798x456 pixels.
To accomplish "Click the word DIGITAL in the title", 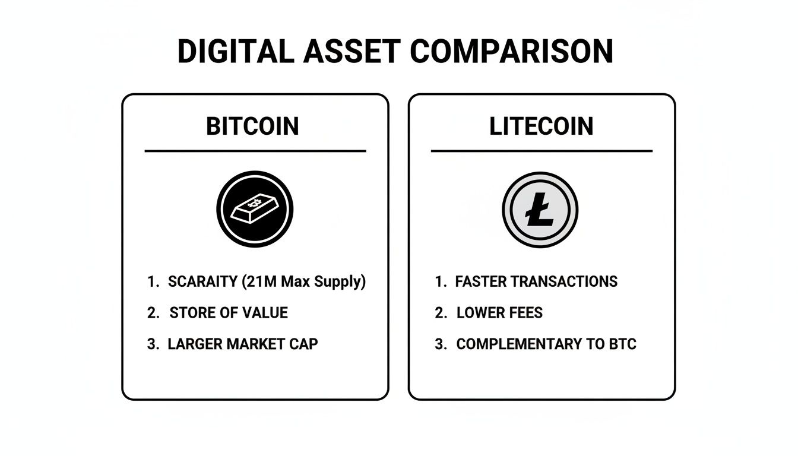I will (235, 52).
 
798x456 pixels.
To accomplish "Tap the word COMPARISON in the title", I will (511, 52).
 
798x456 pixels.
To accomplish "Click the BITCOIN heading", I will (252, 126).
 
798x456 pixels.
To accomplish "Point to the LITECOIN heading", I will (541, 126).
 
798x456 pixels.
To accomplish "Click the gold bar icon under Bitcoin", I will (255, 209).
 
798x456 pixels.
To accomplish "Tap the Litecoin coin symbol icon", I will (540, 210).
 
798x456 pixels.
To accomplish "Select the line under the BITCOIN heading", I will (255, 151).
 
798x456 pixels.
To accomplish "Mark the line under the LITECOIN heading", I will (541, 151).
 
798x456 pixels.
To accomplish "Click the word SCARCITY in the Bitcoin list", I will (203, 281).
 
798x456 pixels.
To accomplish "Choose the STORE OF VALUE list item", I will (229, 313).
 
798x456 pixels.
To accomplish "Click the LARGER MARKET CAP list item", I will (243, 344).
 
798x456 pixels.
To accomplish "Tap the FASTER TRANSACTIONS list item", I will (536, 281).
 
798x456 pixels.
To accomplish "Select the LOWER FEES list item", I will (499, 313).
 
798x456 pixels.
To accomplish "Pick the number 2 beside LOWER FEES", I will (439, 313).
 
